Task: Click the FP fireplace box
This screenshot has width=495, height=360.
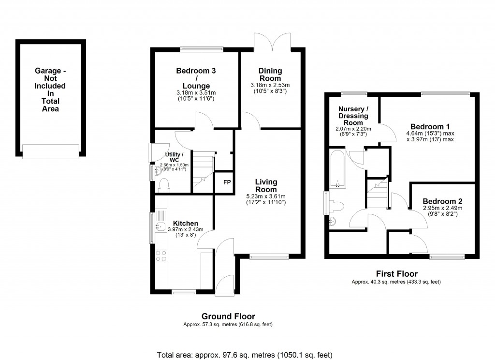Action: (226, 182)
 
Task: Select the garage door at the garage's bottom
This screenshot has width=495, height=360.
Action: (50, 151)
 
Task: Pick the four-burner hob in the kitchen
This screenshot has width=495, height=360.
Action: (160, 255)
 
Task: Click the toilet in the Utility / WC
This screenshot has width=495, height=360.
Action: (163, 184)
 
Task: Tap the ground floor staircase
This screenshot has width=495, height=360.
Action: (203, 169)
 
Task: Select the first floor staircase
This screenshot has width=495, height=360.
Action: (378, 193)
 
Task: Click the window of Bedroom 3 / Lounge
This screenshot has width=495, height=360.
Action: (202, 48)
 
